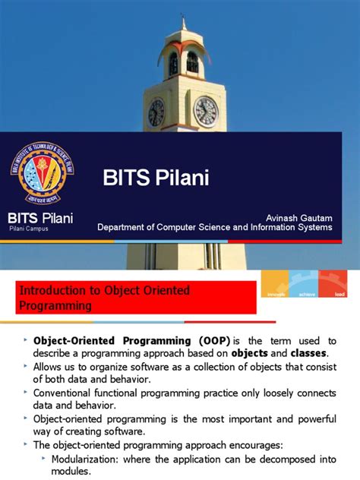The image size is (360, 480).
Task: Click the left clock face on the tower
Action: pyautogui.click(x=156, y=112)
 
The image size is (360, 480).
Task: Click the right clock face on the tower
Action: pyautogui.click(x=205, y=112)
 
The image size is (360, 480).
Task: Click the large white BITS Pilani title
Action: pyautogui.click(x=156, y=179)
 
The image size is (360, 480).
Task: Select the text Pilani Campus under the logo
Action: pyautogui.click(x=28, y=229)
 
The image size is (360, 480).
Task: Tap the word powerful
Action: pyautogui.click(x=312, y=418)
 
